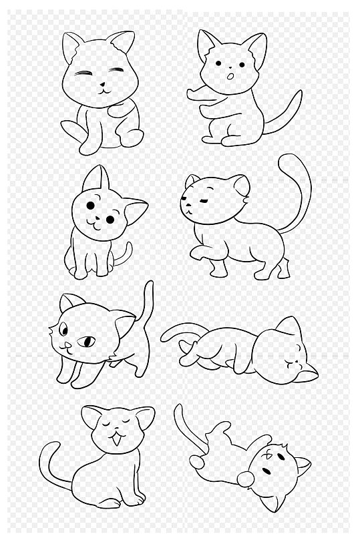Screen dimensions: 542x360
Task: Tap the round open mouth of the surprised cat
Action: click(x=230, y=78)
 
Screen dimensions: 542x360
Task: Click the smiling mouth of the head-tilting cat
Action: click(x=94, y=225)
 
